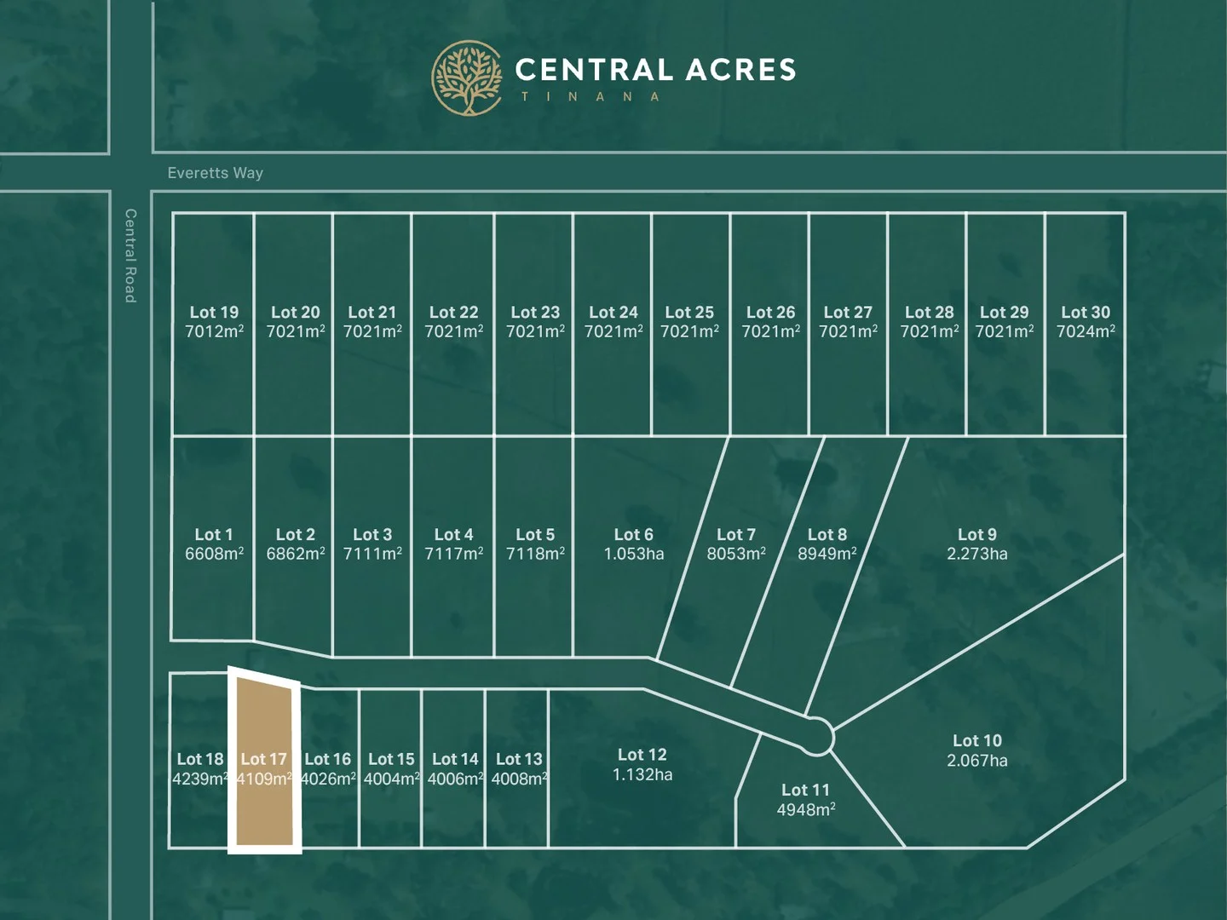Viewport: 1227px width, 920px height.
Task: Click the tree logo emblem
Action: [467, 78]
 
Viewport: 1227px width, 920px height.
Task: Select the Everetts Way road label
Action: [215, 173]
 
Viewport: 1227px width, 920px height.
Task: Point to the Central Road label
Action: [130, 256]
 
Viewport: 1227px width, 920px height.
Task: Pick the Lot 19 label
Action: [214, 313]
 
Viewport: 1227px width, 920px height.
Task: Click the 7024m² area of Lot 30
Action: [1086, 332]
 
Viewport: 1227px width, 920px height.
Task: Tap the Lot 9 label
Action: [976, 535]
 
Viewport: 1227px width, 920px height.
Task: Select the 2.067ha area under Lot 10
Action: [976, 761]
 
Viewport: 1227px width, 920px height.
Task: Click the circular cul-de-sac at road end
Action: [816, 736]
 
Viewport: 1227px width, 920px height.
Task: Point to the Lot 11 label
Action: [805, 791]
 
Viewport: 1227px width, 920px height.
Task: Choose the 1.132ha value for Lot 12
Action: [642, 775]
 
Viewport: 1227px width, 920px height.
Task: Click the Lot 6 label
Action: [633, 535]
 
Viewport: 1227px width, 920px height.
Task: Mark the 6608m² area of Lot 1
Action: [214, 555]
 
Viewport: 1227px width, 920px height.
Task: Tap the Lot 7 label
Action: [735, 535]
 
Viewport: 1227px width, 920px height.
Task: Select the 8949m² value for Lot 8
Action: [827, 555]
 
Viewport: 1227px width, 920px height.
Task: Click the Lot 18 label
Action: [200, 759]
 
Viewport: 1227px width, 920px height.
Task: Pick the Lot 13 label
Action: [519, 759]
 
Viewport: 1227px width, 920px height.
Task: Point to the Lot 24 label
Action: [613, 313]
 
